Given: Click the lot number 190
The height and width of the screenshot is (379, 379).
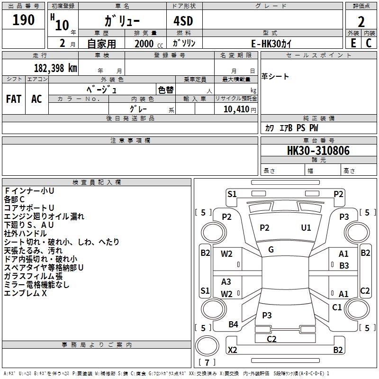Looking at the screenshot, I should point(24,20).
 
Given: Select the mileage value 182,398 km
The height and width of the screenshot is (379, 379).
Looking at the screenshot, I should point(55,68).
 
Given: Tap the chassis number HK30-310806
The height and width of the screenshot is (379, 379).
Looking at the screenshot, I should point(318,151).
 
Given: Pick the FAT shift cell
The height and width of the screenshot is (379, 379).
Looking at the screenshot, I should point(14,99).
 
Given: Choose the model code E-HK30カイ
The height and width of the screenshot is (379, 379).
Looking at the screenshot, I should point(272,43).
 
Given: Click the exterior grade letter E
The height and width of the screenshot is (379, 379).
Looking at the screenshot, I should point(353,43).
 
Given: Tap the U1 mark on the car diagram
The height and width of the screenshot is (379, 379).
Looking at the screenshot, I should point(306,228).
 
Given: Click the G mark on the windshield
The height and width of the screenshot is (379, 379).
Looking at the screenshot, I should point(271,249).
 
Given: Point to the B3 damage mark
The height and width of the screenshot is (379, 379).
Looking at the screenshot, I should point(344,266).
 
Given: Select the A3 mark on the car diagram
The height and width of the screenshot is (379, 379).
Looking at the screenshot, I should point(226,282).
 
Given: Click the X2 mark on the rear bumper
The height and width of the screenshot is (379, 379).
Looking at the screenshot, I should point(233,350).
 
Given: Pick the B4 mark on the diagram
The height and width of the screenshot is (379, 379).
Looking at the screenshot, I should point(233,325).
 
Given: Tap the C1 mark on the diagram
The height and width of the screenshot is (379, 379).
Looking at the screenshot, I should point(337,307).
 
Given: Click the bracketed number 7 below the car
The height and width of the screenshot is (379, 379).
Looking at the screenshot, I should point(207,363).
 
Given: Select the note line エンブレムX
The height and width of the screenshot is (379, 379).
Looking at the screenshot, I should point(26,293).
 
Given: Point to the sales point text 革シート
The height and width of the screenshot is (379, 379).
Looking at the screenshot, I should point(275,77).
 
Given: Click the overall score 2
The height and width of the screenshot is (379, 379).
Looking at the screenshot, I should point(361,21).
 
